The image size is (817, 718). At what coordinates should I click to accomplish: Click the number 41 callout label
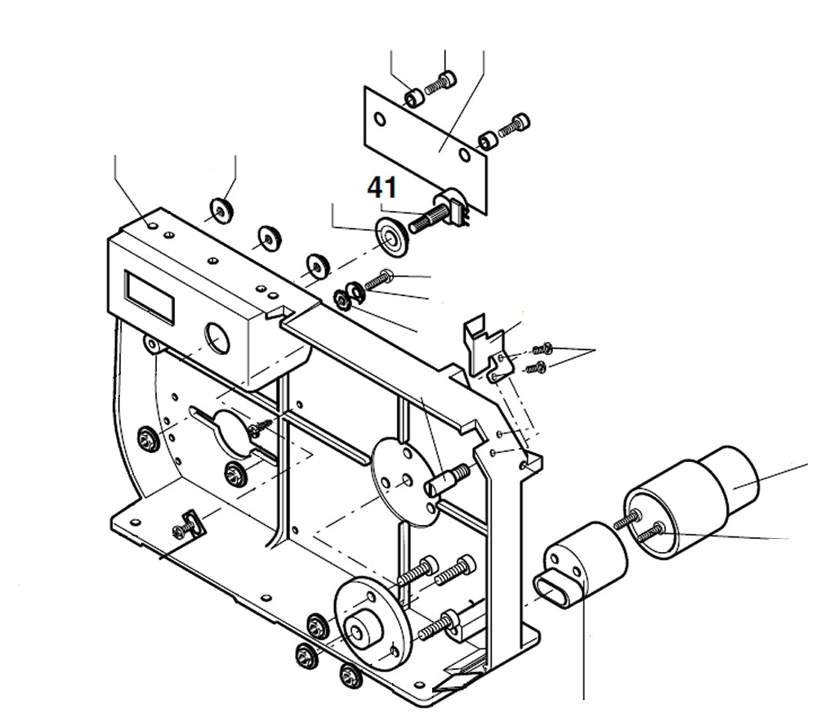(x=382, y=187)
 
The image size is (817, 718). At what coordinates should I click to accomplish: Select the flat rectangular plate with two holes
(x=425, y=147)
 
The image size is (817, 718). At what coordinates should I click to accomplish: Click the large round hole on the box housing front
(x=219, y=337)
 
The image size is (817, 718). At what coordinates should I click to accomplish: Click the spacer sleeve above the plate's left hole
(x=414, y=99)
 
